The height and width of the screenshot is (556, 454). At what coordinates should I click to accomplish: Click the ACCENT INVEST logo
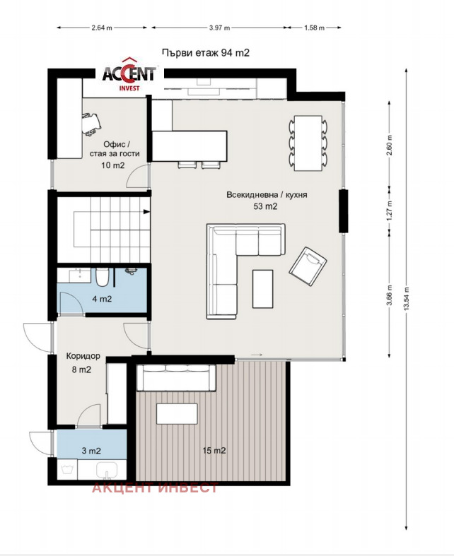point(129,74)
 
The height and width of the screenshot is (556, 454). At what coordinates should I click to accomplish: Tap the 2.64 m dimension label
point(102,28)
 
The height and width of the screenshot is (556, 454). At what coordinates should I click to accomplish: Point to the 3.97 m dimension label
point(219,28)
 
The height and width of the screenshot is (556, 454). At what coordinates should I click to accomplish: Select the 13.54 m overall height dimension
point(407,299)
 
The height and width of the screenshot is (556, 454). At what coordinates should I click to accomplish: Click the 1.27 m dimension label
point(390,211)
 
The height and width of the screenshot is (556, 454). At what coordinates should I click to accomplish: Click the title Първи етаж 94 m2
point(206,53)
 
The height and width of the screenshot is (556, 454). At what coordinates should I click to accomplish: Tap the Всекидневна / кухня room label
point(267,195)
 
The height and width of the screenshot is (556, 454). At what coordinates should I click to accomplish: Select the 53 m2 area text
point(265,206)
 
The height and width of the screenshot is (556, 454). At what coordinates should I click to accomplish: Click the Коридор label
point(83,356)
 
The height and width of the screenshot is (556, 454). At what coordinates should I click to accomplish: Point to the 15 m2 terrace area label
point(214,451)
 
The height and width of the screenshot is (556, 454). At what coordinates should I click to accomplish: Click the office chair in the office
point(92,124)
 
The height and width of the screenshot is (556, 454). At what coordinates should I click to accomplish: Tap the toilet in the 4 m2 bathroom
point(102,277)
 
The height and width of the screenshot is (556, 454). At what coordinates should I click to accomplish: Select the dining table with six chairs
point(308,143)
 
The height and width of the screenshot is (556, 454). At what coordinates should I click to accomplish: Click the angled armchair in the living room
point(308,266)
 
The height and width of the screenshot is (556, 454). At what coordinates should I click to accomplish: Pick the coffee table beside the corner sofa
point(262,289)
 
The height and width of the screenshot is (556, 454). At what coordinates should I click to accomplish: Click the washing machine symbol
point(67,470)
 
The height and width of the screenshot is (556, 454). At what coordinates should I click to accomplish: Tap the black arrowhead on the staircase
point(146,212)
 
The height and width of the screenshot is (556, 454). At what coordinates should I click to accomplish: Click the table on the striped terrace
point(177,414)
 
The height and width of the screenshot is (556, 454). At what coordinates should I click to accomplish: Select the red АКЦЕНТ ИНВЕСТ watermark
point(155,487)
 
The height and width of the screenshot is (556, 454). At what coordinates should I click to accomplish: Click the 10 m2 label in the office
point(113,165)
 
